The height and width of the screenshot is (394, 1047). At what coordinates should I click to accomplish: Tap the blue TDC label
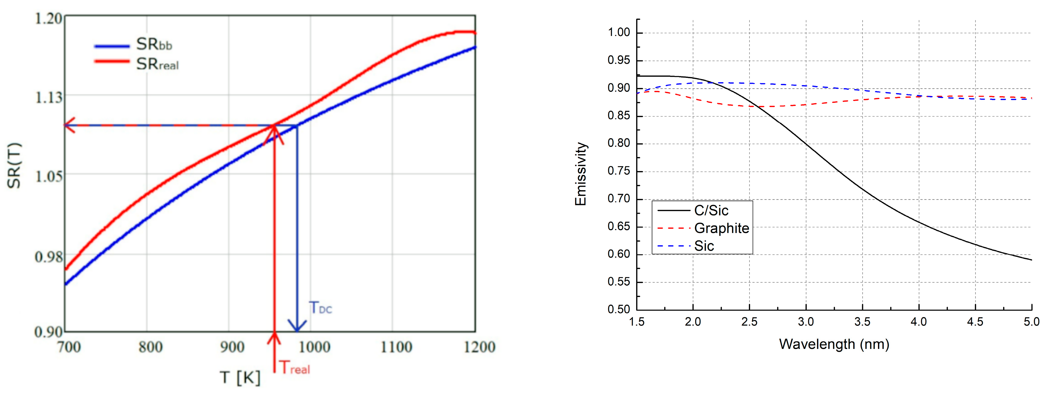click(x=320, y=308)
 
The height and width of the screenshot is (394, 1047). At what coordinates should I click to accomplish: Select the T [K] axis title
click(x=240, y=377)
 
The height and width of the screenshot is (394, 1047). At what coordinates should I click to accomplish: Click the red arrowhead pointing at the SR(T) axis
click(x=69, y=125)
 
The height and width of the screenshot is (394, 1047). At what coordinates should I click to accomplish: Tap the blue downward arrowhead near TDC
click(x=297, y=326)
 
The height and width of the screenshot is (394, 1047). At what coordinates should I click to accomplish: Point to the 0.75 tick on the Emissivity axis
click(x=618, y=171)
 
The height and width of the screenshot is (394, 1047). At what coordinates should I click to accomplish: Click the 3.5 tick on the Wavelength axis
click(x=862, y=322)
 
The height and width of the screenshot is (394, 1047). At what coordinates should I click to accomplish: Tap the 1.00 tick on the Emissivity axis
click(x=618, y=33)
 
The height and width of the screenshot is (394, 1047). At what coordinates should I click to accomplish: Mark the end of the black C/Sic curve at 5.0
click(x=1031, y=260)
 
